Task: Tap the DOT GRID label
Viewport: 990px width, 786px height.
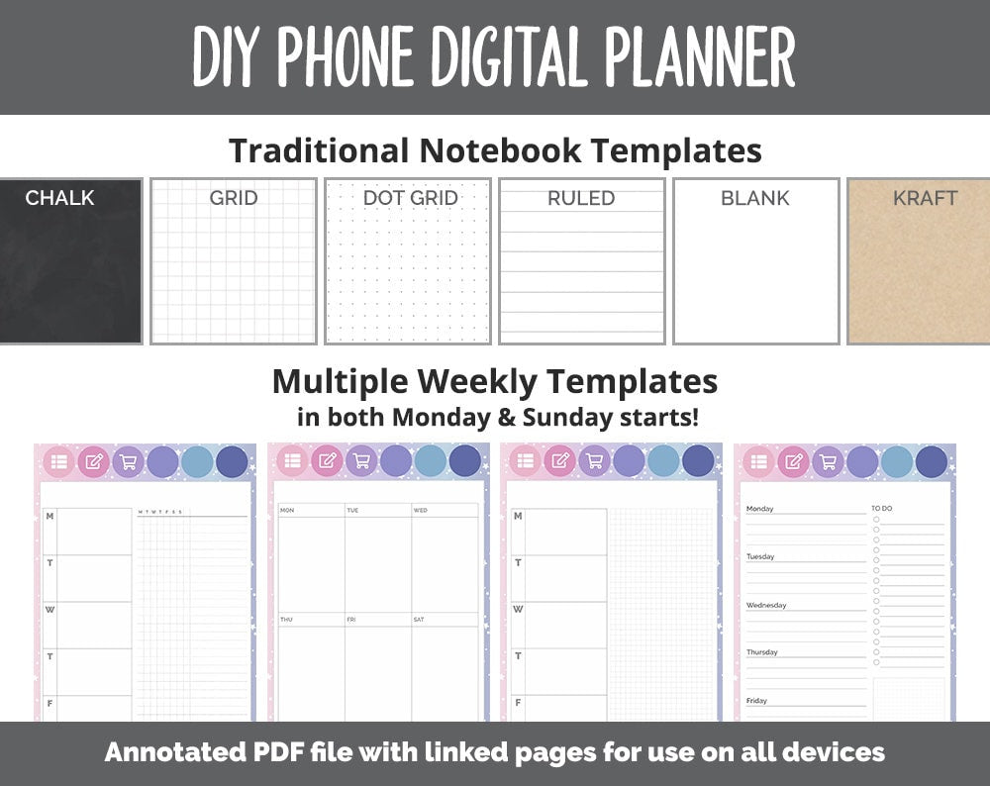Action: click(x=410, y=198)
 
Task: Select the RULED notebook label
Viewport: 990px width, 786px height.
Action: click(x=581, y=198)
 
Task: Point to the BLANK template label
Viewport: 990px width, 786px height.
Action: click(x=755, y=198)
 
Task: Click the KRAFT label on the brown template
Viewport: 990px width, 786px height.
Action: click(x=925, y=198)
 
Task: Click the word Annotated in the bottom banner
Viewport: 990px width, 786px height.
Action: click(x=167, y=752)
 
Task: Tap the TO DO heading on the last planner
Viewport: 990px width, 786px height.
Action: click(x=881, y=509)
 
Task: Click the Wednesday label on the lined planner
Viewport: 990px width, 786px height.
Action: click(x=766, y=605)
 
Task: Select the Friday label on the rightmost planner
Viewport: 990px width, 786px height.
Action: click(x=756, y=701)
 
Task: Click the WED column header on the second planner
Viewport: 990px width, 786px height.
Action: click(x=421, y=511)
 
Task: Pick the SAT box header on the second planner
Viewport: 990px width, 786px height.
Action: click(x=420, y=620)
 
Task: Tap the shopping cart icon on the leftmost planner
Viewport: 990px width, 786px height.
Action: click(x=128, y=461)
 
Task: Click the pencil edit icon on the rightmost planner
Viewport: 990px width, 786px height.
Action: click(x=793, y=461)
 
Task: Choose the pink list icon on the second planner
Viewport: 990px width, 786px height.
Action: click(x=292, y=461)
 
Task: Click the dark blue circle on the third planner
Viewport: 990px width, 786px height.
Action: click(x=698, y=461)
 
